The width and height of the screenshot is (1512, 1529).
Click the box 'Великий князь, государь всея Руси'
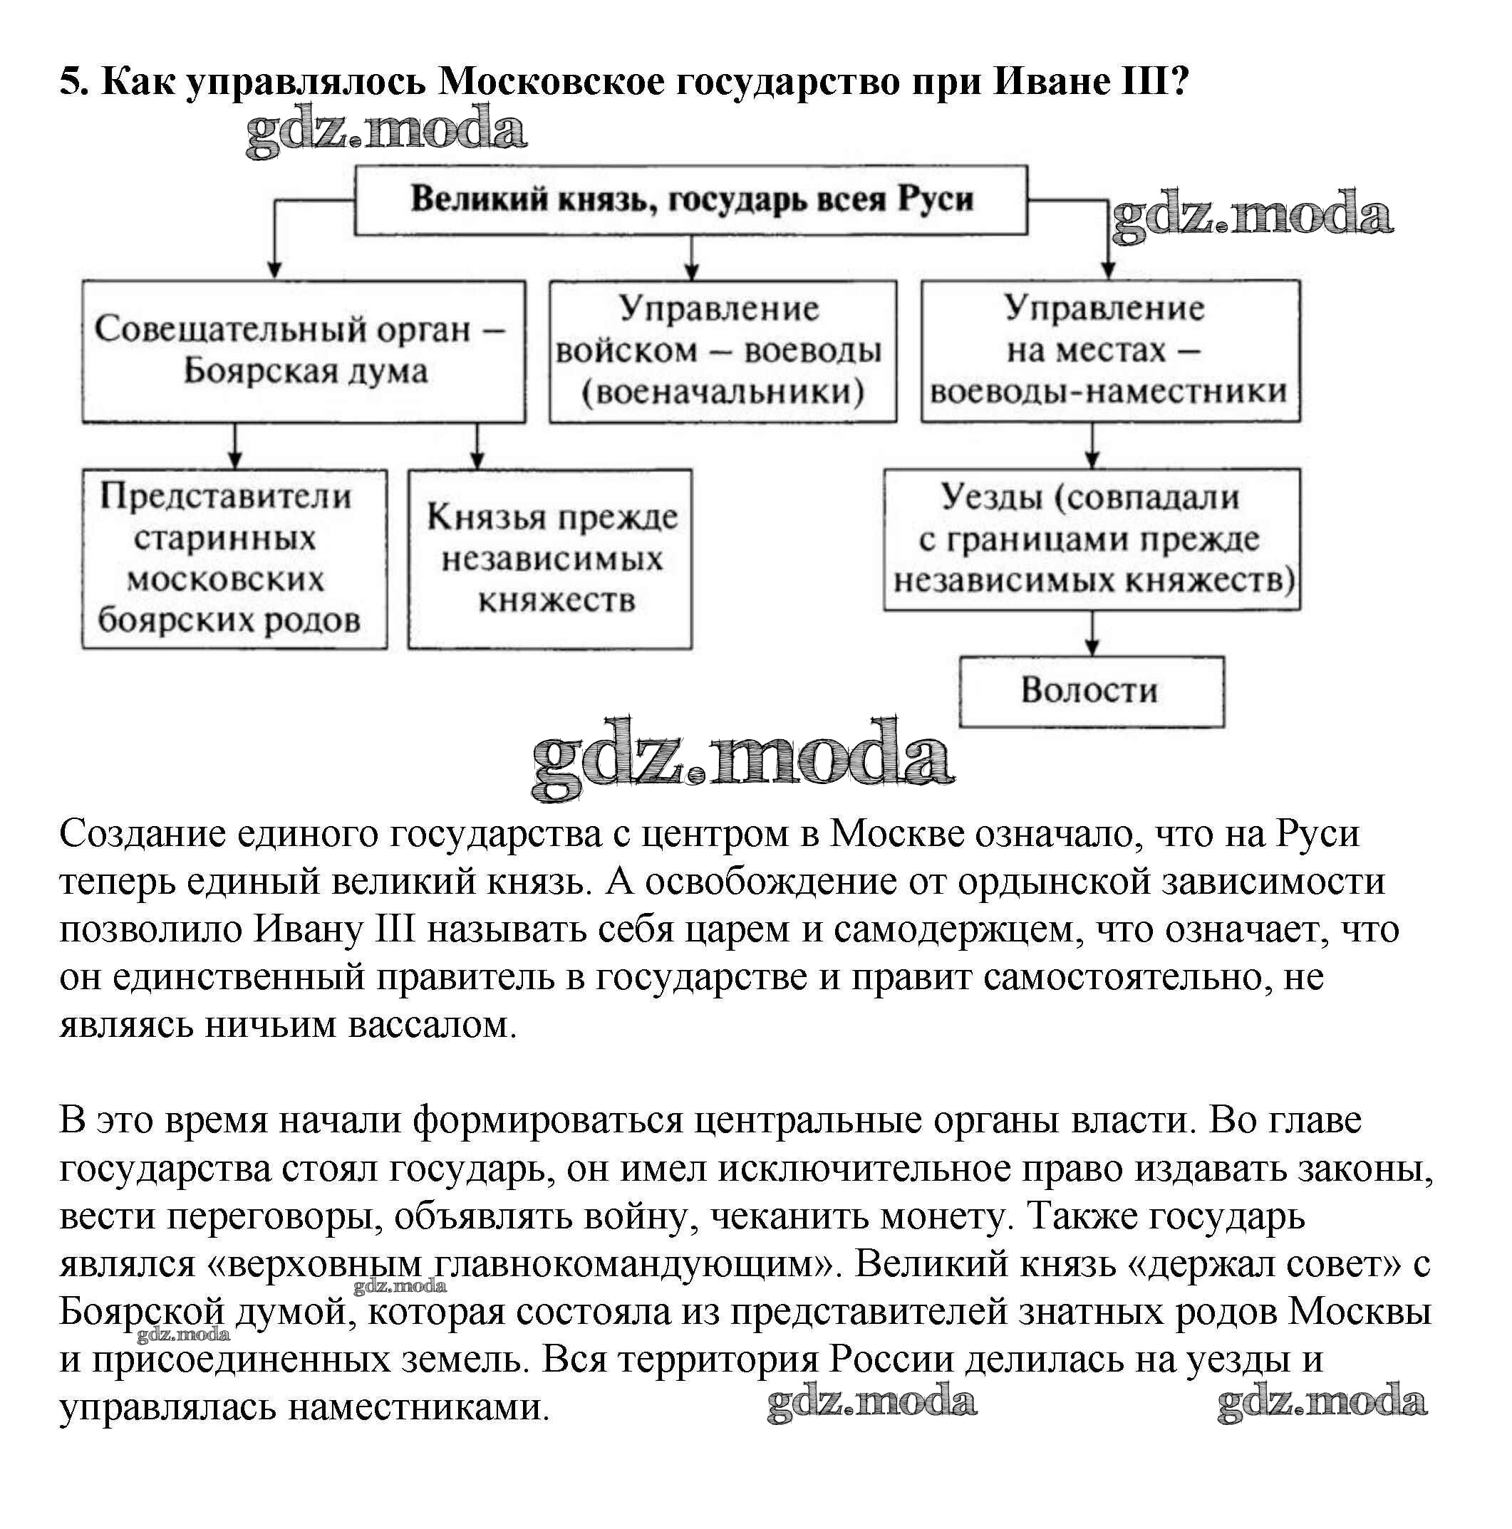pyautogui.click(x=690, y=199)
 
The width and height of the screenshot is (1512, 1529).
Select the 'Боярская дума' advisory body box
pyautogui.click(x=304, y=350)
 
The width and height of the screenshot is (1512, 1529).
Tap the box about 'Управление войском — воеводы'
pyautogui.click(x=722, y=350)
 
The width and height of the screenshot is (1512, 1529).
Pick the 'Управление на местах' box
pyautogui.click(x=1109, y=350)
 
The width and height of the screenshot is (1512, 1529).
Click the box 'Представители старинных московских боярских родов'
pyautogui.click(x=234, y=559)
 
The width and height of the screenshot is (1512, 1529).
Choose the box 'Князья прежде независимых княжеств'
pyautogui.click(x=549, y=559)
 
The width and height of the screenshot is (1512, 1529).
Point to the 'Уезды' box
pyautogui.click(x=1091, y=539)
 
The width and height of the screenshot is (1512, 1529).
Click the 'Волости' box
pyautogui.click(x=1091, y=690)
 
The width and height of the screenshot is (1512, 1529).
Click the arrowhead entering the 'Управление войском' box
pyautogui.click(x=691, y=271)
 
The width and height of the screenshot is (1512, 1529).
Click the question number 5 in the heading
pyautogui.click(x=71, y=80)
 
